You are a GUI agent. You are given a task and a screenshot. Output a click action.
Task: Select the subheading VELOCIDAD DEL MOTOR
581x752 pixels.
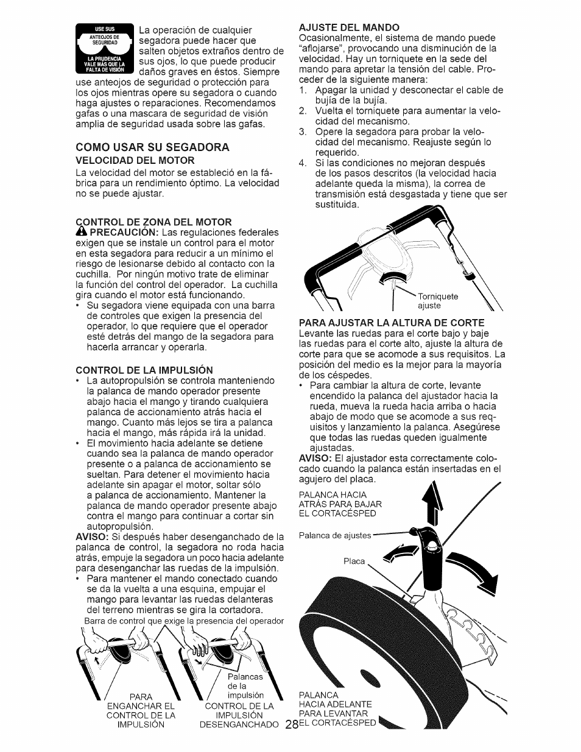tap(135, 160)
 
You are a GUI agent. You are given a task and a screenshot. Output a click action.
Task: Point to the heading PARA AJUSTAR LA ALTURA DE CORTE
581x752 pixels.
tap(392, 322)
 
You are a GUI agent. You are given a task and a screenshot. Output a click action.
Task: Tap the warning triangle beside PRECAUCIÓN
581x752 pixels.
tap(81, 232)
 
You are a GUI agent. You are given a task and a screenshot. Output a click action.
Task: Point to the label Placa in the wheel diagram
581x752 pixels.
tap(354, 561)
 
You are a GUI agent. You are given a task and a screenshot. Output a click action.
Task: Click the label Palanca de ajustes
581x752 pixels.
tap(335, 535)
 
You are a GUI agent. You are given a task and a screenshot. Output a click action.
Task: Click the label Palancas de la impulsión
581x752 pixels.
tap(245, 686)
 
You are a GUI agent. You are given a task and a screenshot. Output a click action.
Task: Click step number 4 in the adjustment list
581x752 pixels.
tap(302, 163)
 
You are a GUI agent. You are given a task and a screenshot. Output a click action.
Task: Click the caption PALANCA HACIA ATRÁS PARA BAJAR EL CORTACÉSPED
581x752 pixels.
tap(340, 503)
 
